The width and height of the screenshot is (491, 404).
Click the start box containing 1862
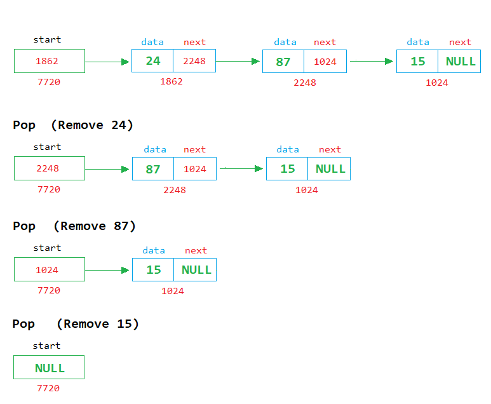coord(50,61)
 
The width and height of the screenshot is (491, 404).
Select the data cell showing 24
coord(152,61)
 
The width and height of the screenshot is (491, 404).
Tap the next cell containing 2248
coord(194,61)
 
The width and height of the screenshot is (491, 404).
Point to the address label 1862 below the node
coord(172,81)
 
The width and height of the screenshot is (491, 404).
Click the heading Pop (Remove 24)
coord(73,125)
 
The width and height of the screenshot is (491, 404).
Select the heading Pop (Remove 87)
coord(74,226)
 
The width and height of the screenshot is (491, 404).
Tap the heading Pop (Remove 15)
coord(76,324)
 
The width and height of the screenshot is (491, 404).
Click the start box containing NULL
coord(49,368)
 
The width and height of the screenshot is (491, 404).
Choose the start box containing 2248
coord(50,168)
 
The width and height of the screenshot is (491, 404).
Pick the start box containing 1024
coord(50,270)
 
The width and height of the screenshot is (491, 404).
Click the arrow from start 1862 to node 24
coord(107,62)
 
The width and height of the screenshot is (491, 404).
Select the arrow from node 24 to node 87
coord(238,62)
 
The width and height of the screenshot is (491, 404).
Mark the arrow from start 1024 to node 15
coord(107,270)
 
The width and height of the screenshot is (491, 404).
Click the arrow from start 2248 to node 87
coord(107,169)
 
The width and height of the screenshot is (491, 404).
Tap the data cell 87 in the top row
coord(283,62)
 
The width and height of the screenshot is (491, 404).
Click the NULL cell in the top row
coord(461,62)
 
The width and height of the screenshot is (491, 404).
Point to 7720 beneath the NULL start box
coord(49,388)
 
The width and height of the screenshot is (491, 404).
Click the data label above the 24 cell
coord(152,42)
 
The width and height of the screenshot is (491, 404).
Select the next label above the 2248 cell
coord(194,42)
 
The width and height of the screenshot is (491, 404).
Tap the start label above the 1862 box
coord(47,39)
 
